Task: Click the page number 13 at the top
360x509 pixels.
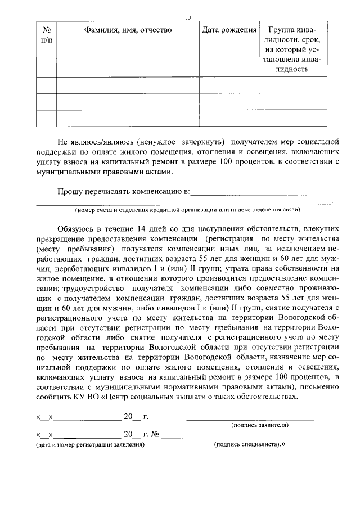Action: pos(188,18)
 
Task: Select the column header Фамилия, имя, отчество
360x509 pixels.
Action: pos(128,30)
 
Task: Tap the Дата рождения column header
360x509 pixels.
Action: pos(229,30)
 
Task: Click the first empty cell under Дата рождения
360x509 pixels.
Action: pos(229,85)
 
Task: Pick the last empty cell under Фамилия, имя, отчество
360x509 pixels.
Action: pos(128,118)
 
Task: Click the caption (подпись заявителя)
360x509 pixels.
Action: pos(260,425)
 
